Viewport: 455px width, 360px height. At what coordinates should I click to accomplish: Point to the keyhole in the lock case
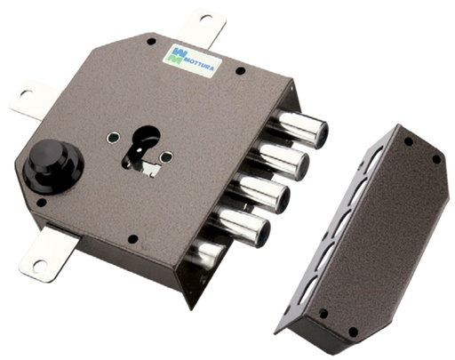(142, 145)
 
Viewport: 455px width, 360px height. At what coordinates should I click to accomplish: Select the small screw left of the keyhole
(112, 138)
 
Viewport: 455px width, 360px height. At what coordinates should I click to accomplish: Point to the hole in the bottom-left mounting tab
(38, 265)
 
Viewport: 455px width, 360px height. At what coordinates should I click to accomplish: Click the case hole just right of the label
(240, 70)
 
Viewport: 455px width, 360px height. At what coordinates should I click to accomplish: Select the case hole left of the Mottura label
(151, 41)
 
